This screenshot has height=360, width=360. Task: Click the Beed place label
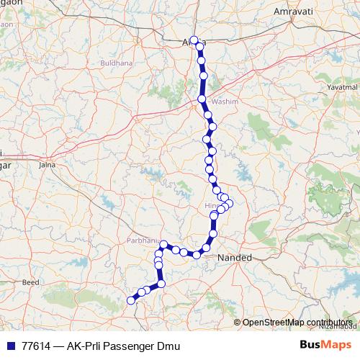[30, 284]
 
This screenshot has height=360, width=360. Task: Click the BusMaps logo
[325, 345]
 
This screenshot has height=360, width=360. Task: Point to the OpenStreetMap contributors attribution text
[297, 322]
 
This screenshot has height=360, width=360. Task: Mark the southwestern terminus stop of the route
[131, 300]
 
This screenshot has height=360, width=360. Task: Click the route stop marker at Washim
[202, 99]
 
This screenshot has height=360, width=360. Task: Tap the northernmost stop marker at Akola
[194, 40]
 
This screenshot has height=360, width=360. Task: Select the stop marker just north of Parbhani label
[164, 244]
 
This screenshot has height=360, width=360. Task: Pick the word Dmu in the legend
[166, 346]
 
